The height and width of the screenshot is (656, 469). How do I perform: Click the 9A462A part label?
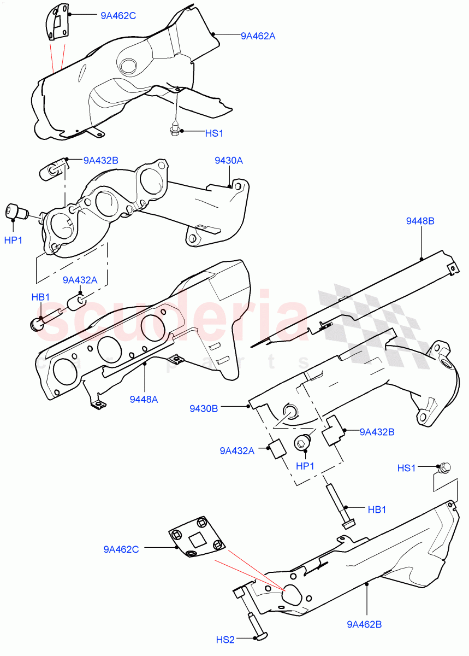(258, 36)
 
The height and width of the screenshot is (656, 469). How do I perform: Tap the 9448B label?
(420, 221)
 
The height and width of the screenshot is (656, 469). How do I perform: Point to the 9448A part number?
(144, 399)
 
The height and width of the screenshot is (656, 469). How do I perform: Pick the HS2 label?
(225, 639)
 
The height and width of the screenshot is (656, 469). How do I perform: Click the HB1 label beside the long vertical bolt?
(377, 509)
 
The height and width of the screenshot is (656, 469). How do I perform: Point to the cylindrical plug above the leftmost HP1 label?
(17, 211)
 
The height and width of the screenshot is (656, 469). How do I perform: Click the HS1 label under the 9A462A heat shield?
(214, 133)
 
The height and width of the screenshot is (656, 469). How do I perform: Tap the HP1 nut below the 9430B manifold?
(302, 442)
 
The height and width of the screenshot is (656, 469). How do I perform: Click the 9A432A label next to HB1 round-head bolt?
(80, 280)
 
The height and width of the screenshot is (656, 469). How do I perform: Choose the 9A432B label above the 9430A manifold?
(101, 160)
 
